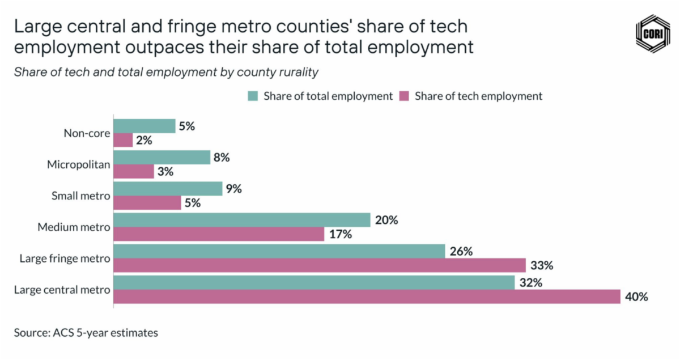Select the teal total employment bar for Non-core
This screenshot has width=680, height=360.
click(x=144, y=126)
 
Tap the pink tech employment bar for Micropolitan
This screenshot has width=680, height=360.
click(x=134, y=171)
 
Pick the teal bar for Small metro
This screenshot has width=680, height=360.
click(x=168, y=189)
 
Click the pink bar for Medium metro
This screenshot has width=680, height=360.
click(x=219, y=234)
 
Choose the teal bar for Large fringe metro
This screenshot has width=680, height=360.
click(x=279, y=251)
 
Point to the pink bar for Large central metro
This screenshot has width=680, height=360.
click(x=367, y=297)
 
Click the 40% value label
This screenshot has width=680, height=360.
click(x=636, y=297)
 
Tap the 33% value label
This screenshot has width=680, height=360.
click(x=542, y=265)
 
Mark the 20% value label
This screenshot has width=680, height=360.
click(x=386, y=220)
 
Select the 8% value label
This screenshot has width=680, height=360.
click(x=221, y=158)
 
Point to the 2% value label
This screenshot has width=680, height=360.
click(x=144, y=140)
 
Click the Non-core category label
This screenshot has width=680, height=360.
click(x=87, y=133)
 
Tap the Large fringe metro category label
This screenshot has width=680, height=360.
click(x=65, y=259)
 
